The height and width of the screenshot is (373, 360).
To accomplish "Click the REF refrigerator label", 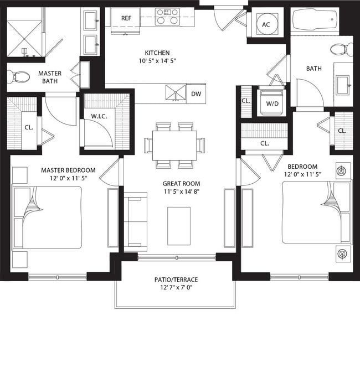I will point(126,18).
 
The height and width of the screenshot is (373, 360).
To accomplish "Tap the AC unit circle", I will point(266,24).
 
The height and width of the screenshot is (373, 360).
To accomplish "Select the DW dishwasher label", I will point(196,94).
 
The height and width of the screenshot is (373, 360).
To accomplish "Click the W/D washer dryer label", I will point(272,103).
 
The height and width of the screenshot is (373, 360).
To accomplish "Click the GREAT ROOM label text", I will point(181,183).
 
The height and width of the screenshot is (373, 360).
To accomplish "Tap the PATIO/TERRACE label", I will point(176,279).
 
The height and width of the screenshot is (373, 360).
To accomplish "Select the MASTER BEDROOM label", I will point(68,170).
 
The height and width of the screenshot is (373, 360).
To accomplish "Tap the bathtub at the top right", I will point(315,22).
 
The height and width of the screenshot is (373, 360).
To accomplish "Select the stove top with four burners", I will point(167,17).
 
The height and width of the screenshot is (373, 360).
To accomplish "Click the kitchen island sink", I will point(176,94).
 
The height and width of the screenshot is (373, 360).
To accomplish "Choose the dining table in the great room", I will point(174,145).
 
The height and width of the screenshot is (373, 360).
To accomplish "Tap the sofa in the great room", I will point(135,221).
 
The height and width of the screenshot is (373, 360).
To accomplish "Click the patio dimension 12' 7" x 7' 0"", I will point(176,288).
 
